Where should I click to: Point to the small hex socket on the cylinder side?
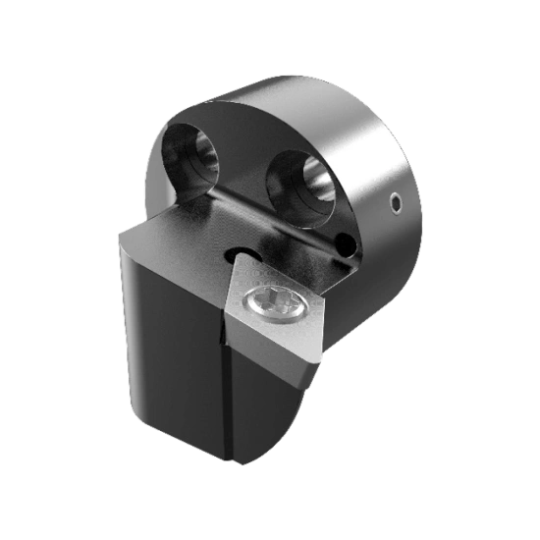click(394, 203)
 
